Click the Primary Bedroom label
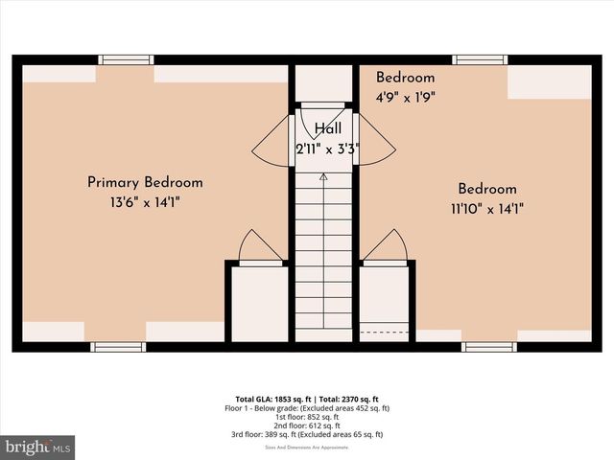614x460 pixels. [x=145, y=182]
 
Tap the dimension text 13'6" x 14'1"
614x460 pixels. [x=145, y=201]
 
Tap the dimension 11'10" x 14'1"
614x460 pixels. [x=486, y=208]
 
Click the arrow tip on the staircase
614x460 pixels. [x=323, y=177]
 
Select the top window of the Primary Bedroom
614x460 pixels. [x=127, y=59]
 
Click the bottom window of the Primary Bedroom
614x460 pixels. [x=117, y=346]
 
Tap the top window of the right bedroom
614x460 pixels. [x=480, y=59]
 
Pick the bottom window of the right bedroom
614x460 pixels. [x=489, y=346]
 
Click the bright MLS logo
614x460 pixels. [x=37, y=447]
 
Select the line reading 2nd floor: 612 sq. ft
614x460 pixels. [x=307, y=425]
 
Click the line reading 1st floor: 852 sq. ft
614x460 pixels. [x=307, y=417]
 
